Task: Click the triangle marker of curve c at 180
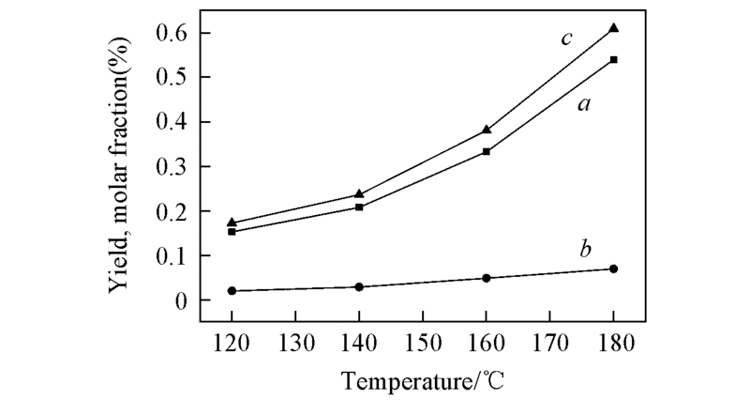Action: pyautogui.click(x=614, y=28)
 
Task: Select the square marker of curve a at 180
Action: pyautogui.click(x=614, y=59)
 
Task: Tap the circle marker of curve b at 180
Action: pyautogui.click(x=614, y=269)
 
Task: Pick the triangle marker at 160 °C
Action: pyautogui.click(x=487, y=130)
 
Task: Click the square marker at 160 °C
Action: pyautogui.click(x=487, y=151)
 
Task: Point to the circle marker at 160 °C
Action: pyautogui.click(x=487, y=278)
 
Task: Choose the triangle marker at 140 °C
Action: pyautogui.click(x=359, y=194)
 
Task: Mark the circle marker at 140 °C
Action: pyautogui.click(x=359, y=286)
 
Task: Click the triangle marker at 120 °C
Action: pyautogui.click(x=232, y=223)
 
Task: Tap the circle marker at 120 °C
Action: pyautogui.click(x=232, y=291)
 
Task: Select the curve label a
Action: pyautogui.click(x=582, y=106)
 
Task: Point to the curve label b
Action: pyautogui.click(x=584, y=250)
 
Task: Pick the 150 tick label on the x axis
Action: pyautogui.click(x=423, y=339)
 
